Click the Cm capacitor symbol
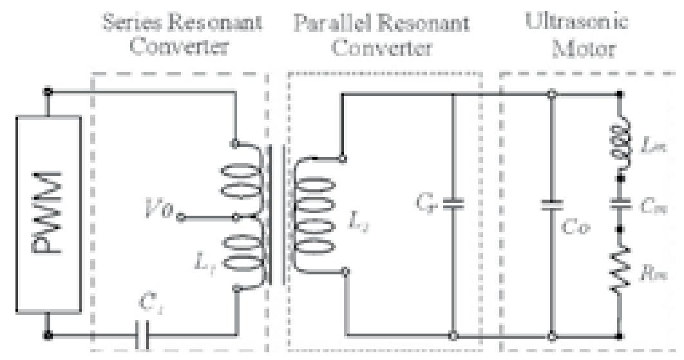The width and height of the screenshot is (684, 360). coord(620,205)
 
